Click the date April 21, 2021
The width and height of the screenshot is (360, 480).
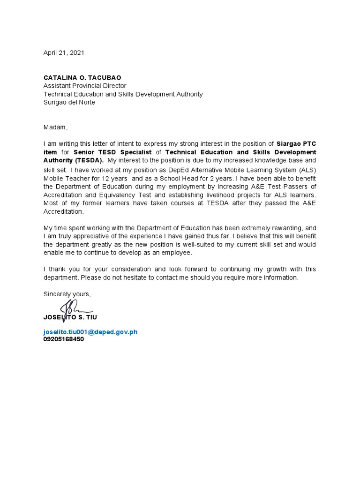coord(64,53)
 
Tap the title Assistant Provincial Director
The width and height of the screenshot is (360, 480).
coord(85,86)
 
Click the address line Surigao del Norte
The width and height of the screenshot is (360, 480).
coord(69,102)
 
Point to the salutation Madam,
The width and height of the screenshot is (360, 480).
coord(56,127)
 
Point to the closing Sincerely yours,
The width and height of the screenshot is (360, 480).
coord(67,294)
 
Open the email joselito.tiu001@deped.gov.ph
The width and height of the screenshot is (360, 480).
coord(90,332)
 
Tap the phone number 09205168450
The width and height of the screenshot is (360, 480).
coord(64,339)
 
